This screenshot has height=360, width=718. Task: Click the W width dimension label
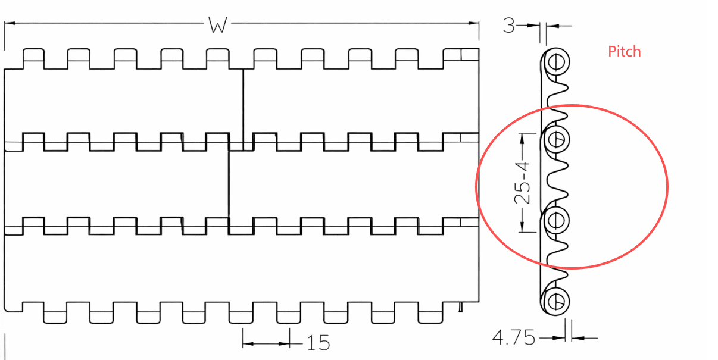[x=218, y=25]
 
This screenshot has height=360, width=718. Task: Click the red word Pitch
[x=624, y=52]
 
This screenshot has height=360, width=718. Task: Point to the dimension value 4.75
[x=513, y=339]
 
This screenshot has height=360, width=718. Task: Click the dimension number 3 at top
[x=509, y=26]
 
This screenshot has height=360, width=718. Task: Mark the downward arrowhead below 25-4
[x=522, y=228]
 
